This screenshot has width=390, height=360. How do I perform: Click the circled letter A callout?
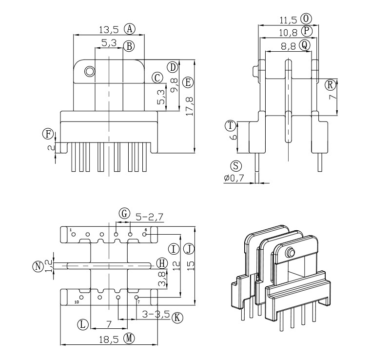(x=129, y=28)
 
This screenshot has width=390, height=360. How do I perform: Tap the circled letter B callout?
(x=129, y=46)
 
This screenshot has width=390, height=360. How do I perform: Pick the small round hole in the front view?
(x=89, y=72)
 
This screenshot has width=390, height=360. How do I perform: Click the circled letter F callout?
(x=48, y=134)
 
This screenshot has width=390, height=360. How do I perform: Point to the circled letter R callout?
(x=331, y=85)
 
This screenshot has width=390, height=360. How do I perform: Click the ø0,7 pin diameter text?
(x=234, y=179)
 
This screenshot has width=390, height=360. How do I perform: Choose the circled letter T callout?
(x=230, y=125)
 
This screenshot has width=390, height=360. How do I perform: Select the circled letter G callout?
(x=125, y=213)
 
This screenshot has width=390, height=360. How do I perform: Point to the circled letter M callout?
(x=129, y=339)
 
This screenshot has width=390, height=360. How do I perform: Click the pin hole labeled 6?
(x=145, y=235)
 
